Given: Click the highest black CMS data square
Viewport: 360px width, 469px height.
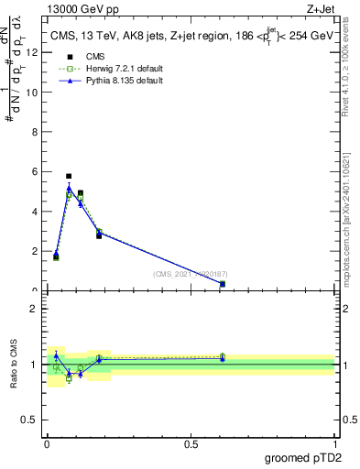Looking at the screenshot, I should (69, 176).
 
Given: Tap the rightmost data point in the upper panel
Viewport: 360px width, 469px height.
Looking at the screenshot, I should (223, 284).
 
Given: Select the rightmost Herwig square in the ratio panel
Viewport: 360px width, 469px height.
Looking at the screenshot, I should (223, 356).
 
